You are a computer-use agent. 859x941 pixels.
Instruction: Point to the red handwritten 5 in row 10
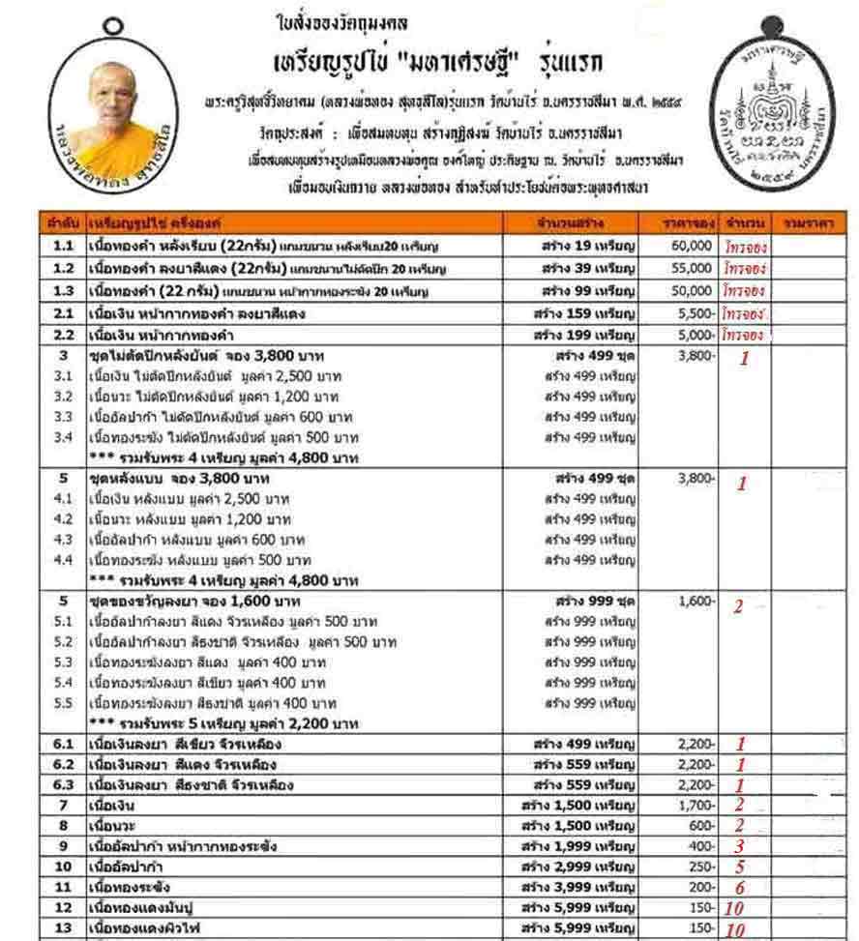coord(738,867)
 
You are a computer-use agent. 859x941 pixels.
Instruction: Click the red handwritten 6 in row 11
coord(739,888)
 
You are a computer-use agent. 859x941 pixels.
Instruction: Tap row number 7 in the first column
coord(63,805)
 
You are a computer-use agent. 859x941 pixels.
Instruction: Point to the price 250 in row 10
coord(701,867)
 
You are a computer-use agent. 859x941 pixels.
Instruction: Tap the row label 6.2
coord(63,764)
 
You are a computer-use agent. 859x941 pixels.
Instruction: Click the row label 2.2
coord(63,335)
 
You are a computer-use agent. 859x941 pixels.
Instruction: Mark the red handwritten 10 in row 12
coord(734,908)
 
